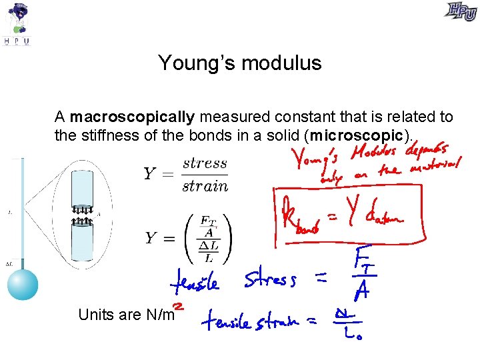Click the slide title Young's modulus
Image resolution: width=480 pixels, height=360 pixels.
(x=240, y=63)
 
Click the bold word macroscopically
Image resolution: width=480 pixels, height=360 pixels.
(x=132, y=117)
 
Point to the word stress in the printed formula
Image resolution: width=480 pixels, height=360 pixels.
(x=205, y=163)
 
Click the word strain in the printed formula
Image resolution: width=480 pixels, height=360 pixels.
(x=205, y=186)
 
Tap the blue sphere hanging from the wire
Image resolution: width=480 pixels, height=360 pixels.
(x=23, y=283)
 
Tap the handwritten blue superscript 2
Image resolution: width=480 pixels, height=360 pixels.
(x=179, y=305)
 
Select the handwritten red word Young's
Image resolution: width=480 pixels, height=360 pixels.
(x=314, y=159)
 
